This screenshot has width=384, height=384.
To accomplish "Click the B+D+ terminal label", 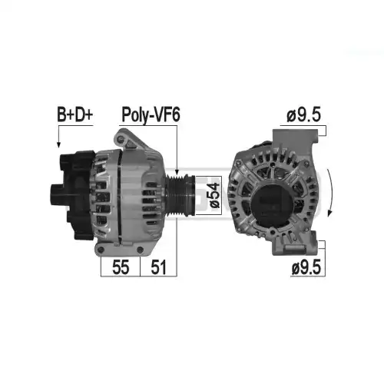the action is [74, 115].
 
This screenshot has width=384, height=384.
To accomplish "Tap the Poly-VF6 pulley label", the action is [151, 115].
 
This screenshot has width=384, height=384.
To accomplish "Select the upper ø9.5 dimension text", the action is [304, 115].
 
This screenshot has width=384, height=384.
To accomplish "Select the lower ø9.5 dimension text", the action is [306, 268].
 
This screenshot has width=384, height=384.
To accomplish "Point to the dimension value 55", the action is [121, 267].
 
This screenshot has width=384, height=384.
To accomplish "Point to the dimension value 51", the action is [158, 267].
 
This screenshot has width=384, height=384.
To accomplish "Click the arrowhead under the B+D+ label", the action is [58, 144].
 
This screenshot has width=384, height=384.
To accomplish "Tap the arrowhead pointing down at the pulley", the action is [177, 172].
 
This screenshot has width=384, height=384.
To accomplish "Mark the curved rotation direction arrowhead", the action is [330, 213].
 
